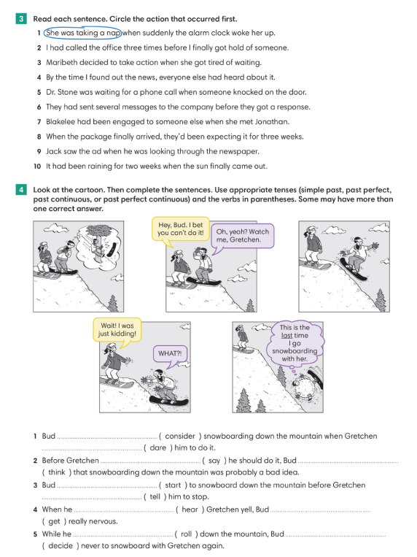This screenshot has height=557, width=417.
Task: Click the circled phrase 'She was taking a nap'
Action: pos(82,33)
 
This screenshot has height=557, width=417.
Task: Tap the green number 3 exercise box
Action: pos(21,18)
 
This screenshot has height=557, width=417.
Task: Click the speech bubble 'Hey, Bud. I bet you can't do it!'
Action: pos(180,228)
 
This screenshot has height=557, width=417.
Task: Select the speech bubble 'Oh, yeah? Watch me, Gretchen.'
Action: pos(243,235)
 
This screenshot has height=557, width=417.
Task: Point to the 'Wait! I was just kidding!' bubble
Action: pos(117,330)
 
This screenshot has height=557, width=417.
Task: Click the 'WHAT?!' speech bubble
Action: pos(171,353)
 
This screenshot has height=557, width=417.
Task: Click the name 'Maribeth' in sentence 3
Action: pos(62,63)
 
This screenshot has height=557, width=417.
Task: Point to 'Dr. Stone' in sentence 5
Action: pos(63,92)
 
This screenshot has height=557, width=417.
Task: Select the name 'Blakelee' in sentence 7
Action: pos(62,122)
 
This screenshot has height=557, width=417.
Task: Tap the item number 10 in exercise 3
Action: pos(36,166)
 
